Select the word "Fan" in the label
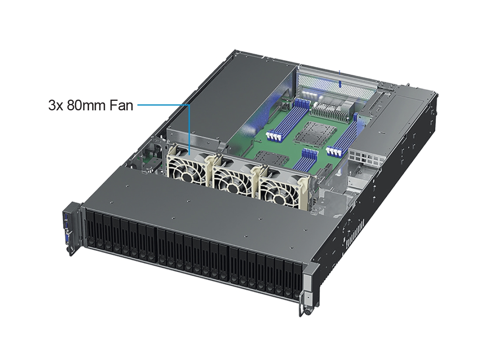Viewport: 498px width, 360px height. pos(121,105)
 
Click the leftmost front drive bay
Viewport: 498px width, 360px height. pos(90,229)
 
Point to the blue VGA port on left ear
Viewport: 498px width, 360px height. pos(66,239)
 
